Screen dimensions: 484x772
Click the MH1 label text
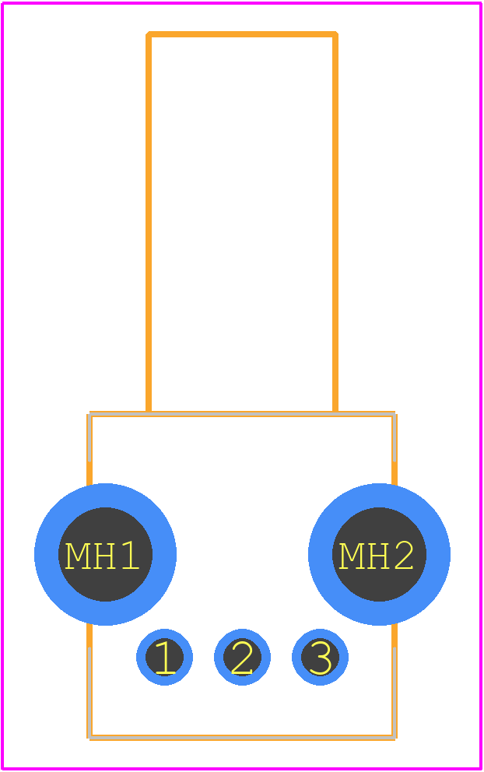[103, 556]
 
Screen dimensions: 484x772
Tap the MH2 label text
[376, 556]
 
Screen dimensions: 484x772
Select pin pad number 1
[164, 657]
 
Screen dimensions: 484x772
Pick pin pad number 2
[242, 657]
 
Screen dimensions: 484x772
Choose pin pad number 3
[320, 657]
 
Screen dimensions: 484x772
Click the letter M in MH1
[77, 556]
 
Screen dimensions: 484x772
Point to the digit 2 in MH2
[403, 556]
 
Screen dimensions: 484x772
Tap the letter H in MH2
[377, 556]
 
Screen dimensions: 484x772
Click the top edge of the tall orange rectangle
[242, 34]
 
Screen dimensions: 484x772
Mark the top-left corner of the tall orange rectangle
[148, 34]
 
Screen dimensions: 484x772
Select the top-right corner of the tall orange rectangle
[335, 34]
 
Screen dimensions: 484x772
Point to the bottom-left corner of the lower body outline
[89, 738]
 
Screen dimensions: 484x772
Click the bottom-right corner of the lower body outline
[395, 738]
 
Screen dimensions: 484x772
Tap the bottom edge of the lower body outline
[242, 738]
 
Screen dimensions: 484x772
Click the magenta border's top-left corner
[3, 3]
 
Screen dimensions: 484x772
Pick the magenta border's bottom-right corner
[481, 769]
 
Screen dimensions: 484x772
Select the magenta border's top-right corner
[481, 3]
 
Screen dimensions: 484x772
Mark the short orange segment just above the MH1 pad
[89, 474]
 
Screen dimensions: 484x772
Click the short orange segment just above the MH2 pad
[395, 474]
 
